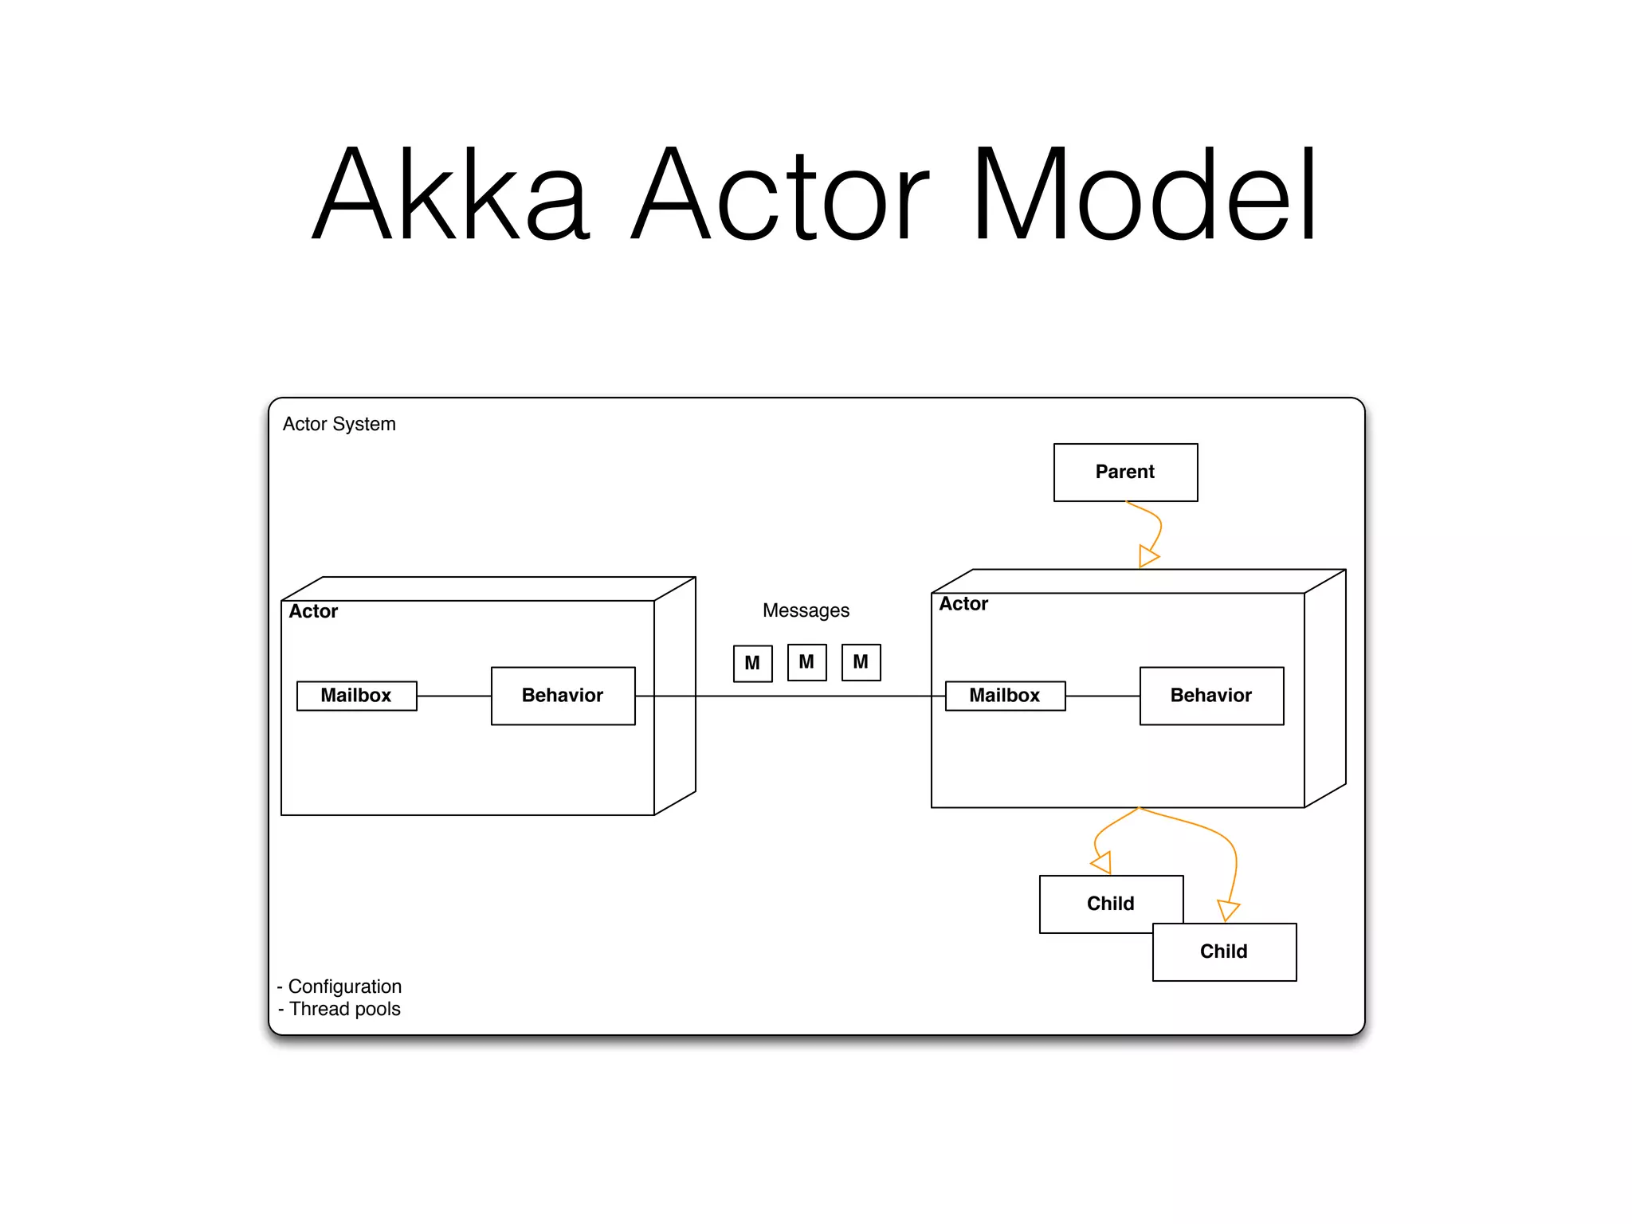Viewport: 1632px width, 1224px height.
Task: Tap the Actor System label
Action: pos(339,424)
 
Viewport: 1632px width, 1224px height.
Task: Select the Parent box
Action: pos(1124,472)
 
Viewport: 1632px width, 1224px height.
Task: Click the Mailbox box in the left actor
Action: pos(356,695)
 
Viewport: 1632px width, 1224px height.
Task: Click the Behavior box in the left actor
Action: pos(563,695)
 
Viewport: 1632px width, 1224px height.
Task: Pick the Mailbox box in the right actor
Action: pos(1004,695)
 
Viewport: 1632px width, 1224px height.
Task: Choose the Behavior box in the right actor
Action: pos(1210,695)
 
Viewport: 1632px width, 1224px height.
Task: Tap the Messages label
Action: pos(806,610)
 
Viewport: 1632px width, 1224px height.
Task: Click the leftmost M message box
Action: pos(752,663)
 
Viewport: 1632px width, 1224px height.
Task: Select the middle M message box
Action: pos(806,662)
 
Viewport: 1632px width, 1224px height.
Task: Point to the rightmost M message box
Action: pos(861,662)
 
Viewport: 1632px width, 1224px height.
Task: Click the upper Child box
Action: pos(1110,903)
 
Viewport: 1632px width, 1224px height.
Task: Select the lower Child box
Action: pos(1223,951)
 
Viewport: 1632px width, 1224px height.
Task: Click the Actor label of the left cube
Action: pos(313,611)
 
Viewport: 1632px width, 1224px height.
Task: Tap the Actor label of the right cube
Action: pos(963,604)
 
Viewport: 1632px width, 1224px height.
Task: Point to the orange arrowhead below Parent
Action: pos(1147,556)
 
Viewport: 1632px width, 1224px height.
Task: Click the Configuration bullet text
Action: pos(344,987)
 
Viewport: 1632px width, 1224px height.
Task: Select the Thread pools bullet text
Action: pos(344,1009)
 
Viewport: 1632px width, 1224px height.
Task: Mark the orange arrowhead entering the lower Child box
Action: pos(1228,910)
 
